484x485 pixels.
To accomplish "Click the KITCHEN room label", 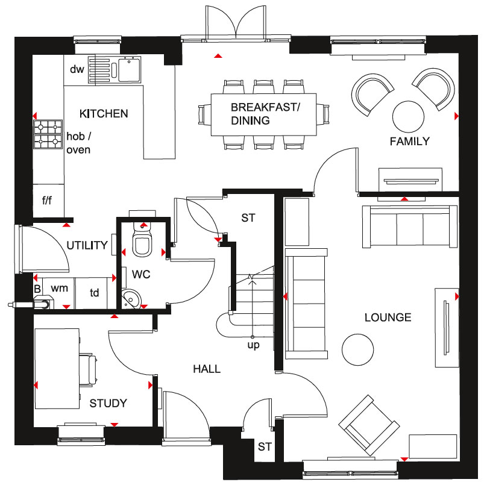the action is click(x=104, y=113).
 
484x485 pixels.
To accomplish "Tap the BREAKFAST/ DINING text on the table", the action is click(x=265, y=113).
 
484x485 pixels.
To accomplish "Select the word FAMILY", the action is click(x=409, y=142).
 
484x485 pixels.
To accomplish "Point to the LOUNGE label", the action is click(x=388, y=318).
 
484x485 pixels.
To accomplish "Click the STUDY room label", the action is click(x=108, y=403).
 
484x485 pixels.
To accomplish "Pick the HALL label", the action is click(x=207, y=369).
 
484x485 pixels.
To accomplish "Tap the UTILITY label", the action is click(x=87, y=245).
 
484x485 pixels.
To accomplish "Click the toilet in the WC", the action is click(x=142, y=239).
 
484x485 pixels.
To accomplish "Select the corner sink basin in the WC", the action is click(x=131, y=298).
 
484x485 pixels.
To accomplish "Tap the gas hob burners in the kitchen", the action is click(x=48, y=134).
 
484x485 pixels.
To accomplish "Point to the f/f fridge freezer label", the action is click(x=47, y=201).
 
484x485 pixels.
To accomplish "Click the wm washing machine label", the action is click(x=60, y=288).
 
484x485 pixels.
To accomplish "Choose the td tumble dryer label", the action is click(x=95, y=293).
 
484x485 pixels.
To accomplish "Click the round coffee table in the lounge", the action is click(x=357, y=349).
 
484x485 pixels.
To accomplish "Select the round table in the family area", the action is click(x=408, y=117).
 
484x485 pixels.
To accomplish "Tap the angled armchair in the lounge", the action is click(x=368, y=425).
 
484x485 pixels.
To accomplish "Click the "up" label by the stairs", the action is click(x=253, y=345).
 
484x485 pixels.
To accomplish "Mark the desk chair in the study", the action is click(x=88, y=370).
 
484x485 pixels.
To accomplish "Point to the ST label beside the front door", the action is click(x=265, y=446).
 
